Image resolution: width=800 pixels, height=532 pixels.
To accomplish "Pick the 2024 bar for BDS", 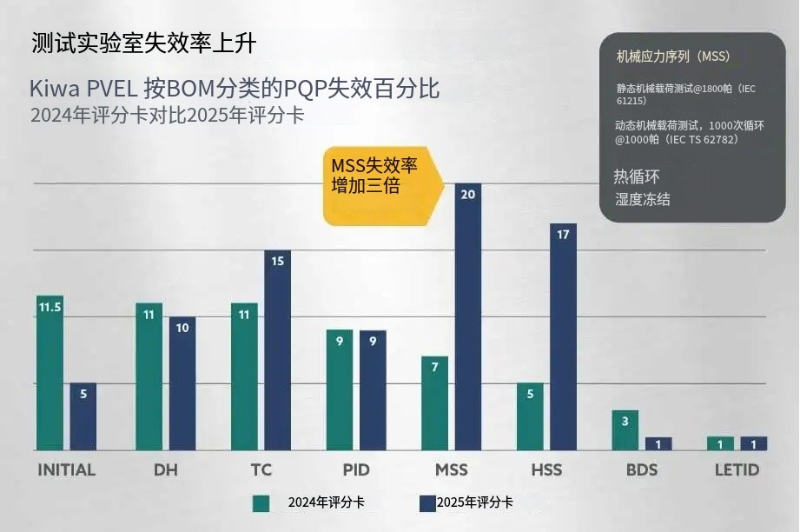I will (x=625, y=430).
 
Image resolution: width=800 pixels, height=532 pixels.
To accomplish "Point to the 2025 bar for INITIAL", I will (x=83, y=417).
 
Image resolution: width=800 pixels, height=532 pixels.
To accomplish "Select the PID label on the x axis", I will (x=356, y=470).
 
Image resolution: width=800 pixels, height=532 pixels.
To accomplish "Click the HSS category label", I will (x=546, y=470).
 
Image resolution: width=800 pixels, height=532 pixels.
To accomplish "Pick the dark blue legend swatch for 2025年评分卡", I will (x=426, y=502).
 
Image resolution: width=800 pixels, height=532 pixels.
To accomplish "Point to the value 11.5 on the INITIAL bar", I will (x=50, y=307).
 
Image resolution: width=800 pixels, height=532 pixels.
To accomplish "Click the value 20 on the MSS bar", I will (x=468, y=194).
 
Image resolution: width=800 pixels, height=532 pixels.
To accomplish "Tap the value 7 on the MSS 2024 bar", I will (x=434, y=367).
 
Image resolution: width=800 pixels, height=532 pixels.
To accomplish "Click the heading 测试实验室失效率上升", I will (x=143, y=43).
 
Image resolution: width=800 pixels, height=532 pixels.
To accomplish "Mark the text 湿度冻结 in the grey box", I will (x=643, y=199).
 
